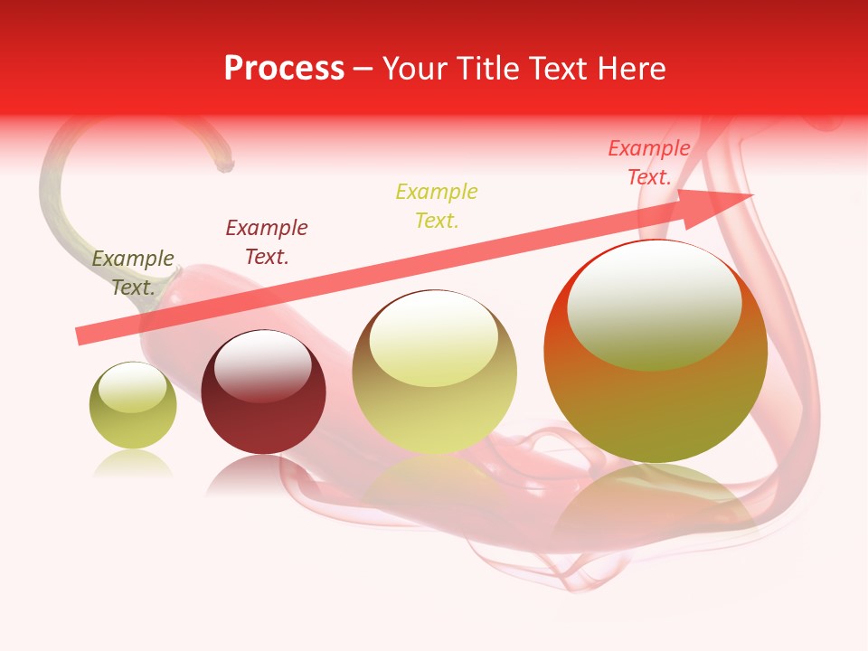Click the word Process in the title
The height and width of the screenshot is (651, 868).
click(x=284, y=69)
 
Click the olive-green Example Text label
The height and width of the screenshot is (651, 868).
click(x=133, y=273)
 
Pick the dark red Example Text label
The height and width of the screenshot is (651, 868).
click(x=267, y=242)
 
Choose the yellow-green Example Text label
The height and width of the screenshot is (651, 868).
click(x=437, y=206)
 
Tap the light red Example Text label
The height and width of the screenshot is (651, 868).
click(x=649, y=163)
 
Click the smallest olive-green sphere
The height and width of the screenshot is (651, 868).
click(x=133, y=406)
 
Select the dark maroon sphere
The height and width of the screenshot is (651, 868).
click(x=263, y=392)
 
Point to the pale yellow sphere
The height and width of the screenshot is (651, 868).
click(x=435, y=373)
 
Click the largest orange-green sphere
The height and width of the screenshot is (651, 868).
click(x=656, y=352)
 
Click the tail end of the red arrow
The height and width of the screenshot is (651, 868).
click(x=81, y=335)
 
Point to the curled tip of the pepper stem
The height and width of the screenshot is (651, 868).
click(x=223, y=165)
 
